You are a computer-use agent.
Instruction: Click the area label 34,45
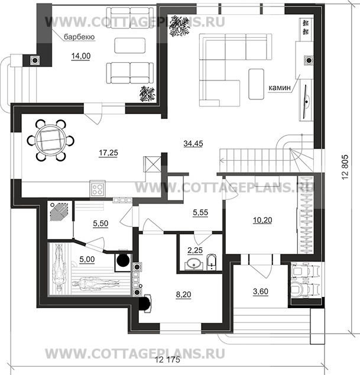(x=193, y=144)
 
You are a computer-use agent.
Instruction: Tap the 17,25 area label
(x=108, y=153)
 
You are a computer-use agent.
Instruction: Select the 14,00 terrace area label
(x=81, y=56)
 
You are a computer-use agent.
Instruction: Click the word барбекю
(x=79, y=37)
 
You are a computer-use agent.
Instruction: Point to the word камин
(x=280, y=88)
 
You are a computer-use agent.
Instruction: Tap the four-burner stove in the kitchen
(x=98, y=188)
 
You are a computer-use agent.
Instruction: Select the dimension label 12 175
(x=167, y=360)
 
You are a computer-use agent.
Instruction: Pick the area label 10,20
(x=262, y=220)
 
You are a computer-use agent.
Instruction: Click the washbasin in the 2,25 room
(x=194, y=264)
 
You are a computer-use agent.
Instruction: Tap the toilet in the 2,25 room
(x=211, y=262)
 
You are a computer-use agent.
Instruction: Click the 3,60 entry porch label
(x=261, y=291)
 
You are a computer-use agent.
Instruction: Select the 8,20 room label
(x=183, y=295)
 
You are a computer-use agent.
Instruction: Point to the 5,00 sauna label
(x=87, y=259)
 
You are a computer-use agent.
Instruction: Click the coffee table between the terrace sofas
(x=129, y=46)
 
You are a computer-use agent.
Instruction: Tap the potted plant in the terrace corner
(x=148, y=93)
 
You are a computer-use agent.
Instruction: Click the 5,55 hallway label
(x=200, y=212)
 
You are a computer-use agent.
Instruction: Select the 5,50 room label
(x=100, y=224)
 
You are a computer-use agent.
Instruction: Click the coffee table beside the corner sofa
(x=256, y=84)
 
